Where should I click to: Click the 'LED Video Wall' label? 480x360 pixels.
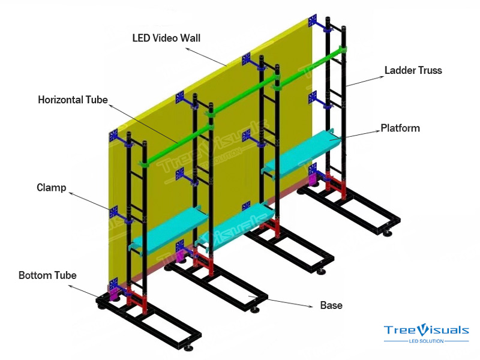tap(166, 38)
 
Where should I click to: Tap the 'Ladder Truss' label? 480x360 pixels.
tap(413, 70)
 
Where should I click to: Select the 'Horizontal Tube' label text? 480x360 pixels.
tap(73, 100)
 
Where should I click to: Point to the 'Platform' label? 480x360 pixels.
tap(400, 128)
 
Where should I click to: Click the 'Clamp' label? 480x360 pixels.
tap(51, 187)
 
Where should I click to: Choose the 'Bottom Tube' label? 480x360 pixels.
tap(47, 275)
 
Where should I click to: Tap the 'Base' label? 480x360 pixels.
tap(331, 305)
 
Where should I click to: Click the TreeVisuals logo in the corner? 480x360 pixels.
tap(427, 330)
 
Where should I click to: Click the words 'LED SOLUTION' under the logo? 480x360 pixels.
tap(426, 341)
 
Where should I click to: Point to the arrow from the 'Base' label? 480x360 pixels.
tap(282, 302)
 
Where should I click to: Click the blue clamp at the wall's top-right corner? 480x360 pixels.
tap(313, 21)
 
